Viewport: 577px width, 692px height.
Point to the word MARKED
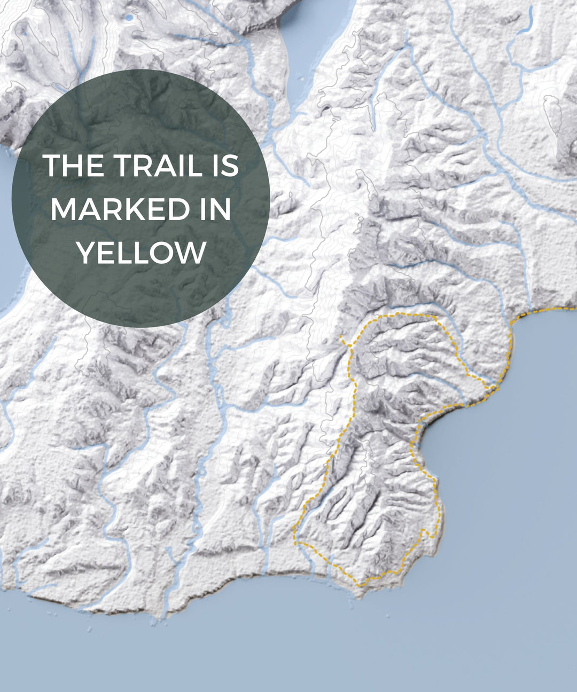(120, 209)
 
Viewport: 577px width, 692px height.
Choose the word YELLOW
(141, 253)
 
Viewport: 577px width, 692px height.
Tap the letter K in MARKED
(151, 209)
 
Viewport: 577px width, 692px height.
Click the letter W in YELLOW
(193, 253)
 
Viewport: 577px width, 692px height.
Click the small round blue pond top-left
(128, 18)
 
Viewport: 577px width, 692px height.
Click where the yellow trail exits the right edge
(574, 309)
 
